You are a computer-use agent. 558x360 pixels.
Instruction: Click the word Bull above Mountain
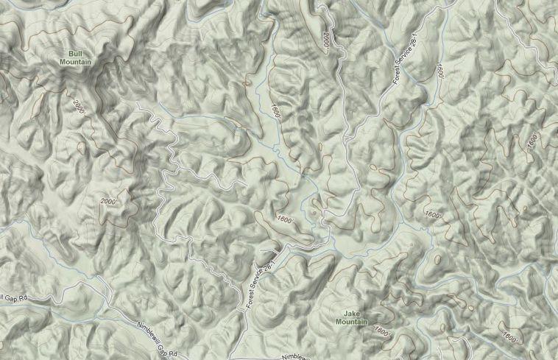tap(75, 54)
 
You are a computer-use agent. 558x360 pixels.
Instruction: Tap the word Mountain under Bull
tap(75, 62)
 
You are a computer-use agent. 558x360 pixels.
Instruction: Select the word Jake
tap(351, 314)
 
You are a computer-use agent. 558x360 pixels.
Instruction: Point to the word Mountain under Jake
tap(351, 322)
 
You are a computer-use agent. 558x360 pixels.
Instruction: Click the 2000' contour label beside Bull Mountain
tap(79, 106)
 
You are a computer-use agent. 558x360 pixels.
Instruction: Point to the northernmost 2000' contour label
tap(325, 38)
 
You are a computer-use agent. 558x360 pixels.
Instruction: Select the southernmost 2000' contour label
tap(108, 201)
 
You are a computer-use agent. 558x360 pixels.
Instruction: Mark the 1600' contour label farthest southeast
tap(509, 336)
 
